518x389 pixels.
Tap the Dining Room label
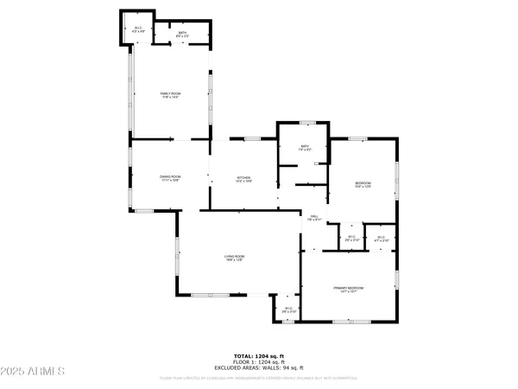169,176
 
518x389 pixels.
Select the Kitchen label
244,176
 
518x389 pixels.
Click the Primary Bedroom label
350,287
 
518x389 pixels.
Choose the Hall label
315,216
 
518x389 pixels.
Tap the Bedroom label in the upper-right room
363,182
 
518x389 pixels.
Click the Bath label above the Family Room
182,33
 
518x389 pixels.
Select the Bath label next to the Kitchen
305,147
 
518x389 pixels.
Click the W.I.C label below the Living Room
288,309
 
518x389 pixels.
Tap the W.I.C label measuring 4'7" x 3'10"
380,237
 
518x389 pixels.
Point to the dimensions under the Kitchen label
244,182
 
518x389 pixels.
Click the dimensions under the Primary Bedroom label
350,292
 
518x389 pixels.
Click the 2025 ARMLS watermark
35,373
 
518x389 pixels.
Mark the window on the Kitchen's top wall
252,139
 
